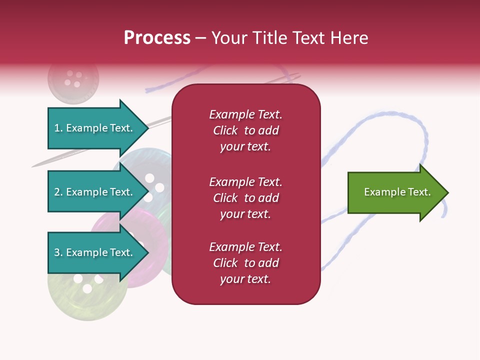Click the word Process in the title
(157, 38)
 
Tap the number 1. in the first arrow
(58, 128)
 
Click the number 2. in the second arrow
(58, 192)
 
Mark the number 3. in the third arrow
(58, 252)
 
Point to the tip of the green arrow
(447, 192)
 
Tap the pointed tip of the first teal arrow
(148, 128)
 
